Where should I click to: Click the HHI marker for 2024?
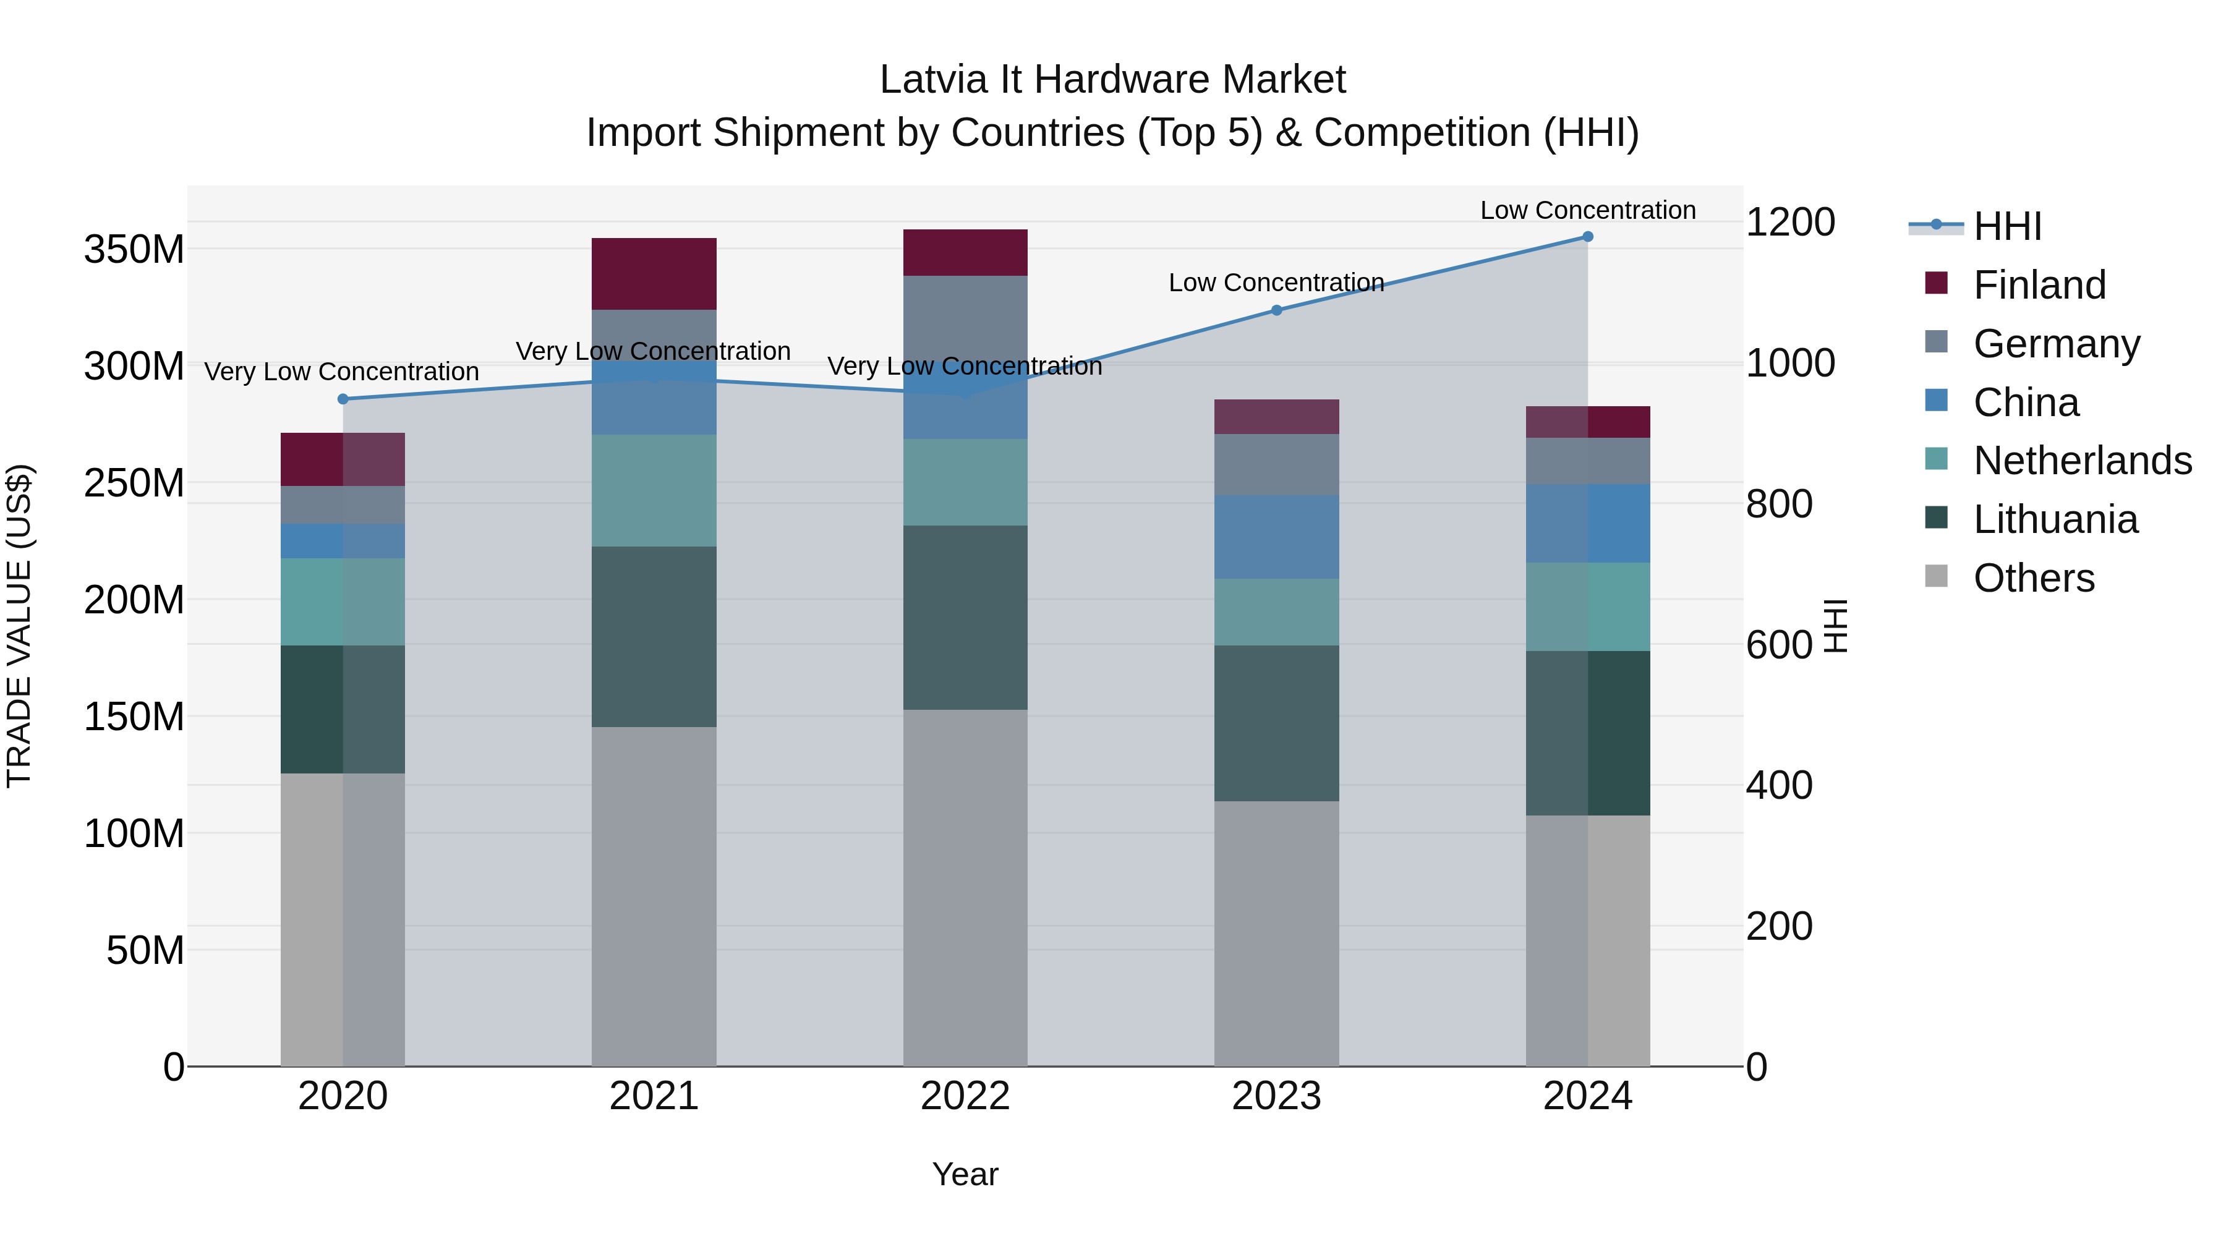pyautogui.click(x=1587, y=237)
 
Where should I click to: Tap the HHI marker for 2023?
pyautogui.click(x=1276, y=310)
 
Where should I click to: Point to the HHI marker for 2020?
pyautogui.click(x=343, y=399)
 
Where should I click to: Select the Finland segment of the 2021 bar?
pyautogui.click(x=654, y=273)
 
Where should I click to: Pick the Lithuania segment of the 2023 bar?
pyautogui.click(x=1276, y=723)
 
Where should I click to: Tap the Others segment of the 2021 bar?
pyautogui.click(x=654, y=896)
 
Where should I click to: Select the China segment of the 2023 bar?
pyautogui.click(x=1276, y=537)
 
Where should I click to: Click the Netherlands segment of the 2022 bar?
pyautogui.click(x=965, y=482)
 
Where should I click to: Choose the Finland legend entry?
pyautogui.click(x=2039, y=285)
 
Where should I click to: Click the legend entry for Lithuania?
pyautogui.click(x=2055, y=519)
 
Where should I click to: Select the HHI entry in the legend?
pyautogui.click(x=2006, y=226)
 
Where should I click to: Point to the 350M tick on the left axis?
pyautogui.click(x=134, y=250)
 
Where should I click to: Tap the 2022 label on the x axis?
pyautogui.click(x=965, y=1096)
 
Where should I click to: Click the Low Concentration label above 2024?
pyautogui.click(x=1587, y=210)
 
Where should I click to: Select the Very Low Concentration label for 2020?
pyautogui.click(x=341, y=372)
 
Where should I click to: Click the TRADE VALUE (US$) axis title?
pyautogui.click(x=19, y=626)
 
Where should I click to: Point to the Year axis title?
pyautogui.click(x=965, y=1174)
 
